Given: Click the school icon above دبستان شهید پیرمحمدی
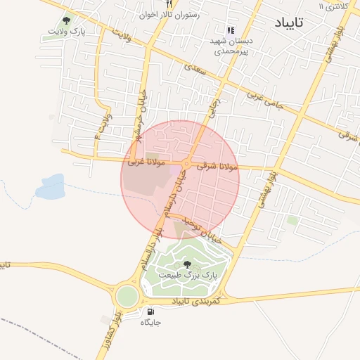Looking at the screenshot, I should [230, 30].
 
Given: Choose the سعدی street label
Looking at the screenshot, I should [193, 68].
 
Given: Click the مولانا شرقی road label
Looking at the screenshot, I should [220, 167].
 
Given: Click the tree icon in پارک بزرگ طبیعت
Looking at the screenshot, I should [186, 264].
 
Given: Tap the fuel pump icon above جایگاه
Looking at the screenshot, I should [150, 311].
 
